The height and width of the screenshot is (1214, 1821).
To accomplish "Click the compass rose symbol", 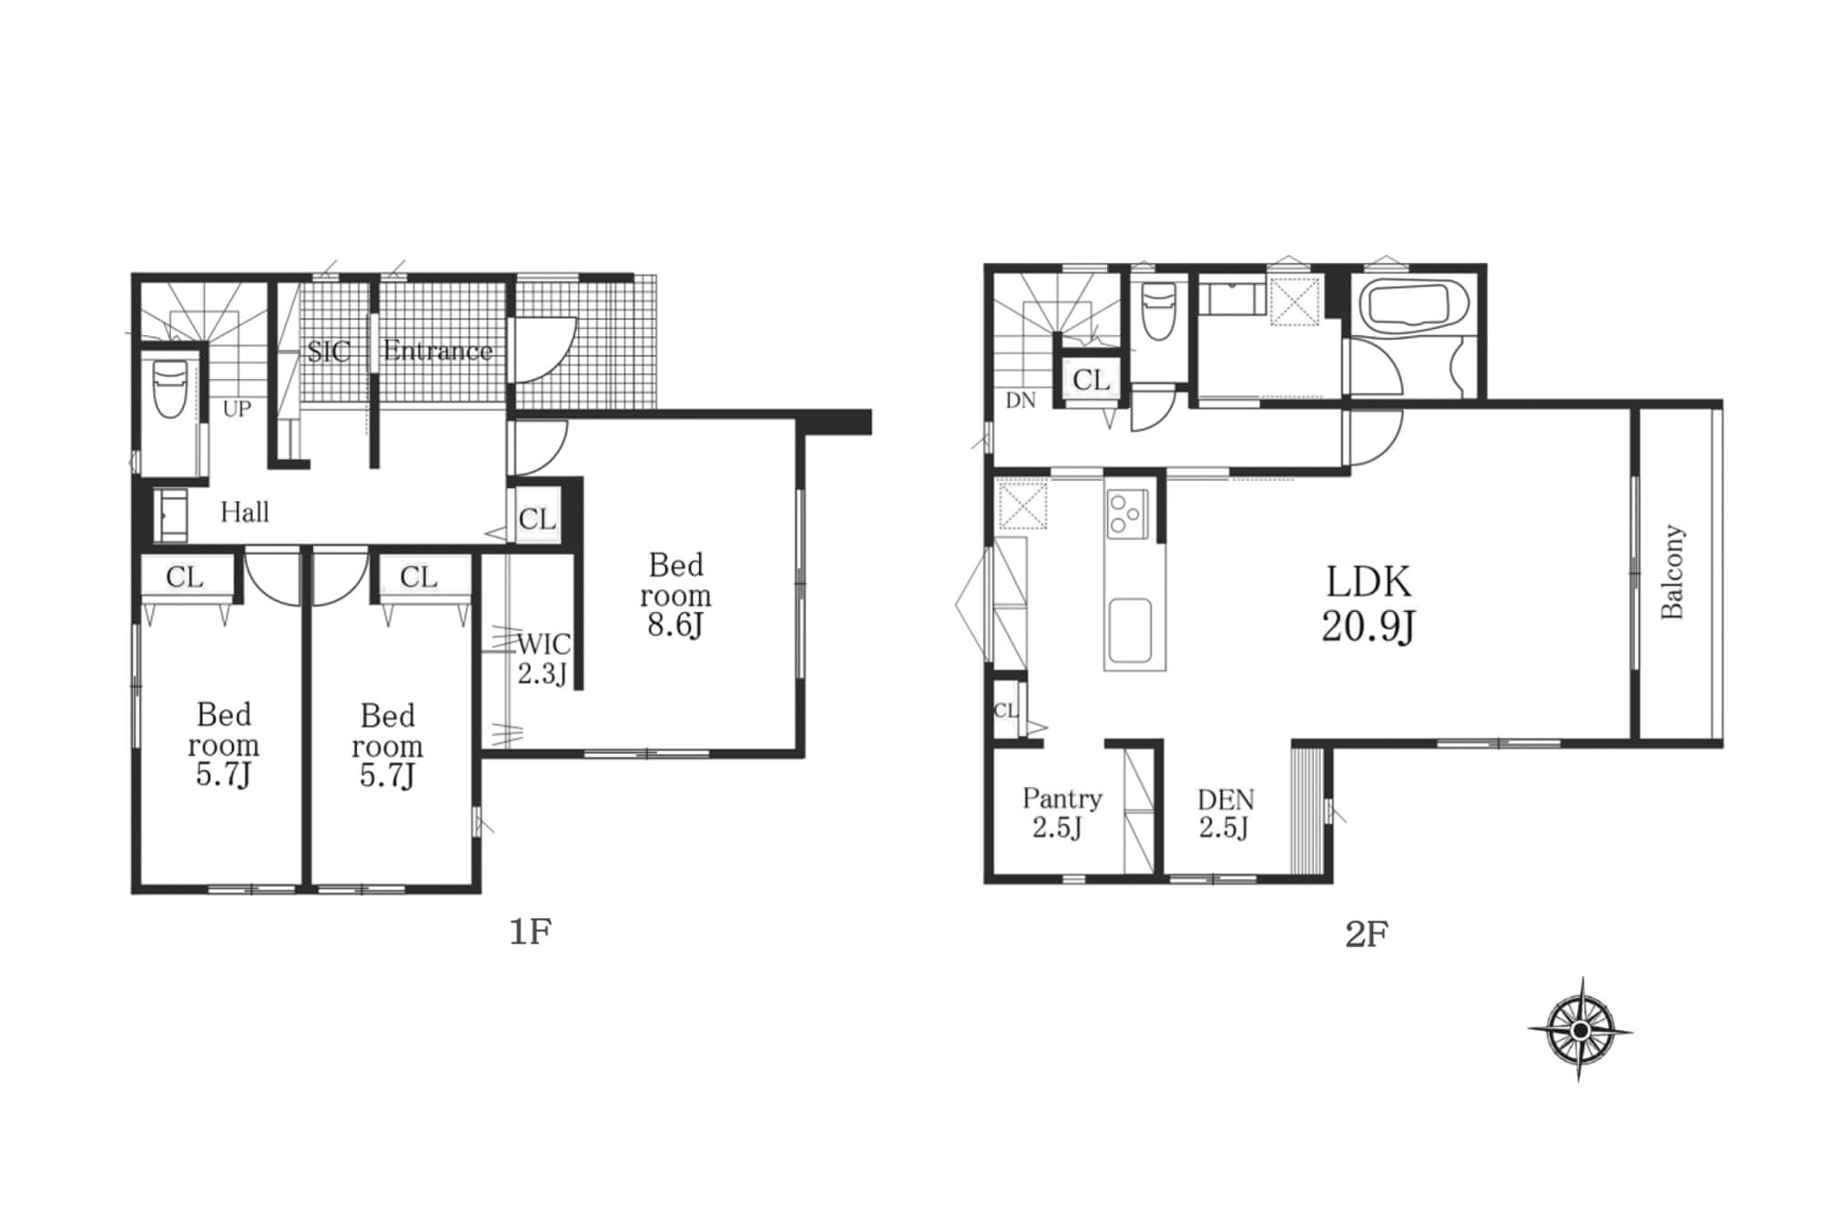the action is [x=1581, y=1029].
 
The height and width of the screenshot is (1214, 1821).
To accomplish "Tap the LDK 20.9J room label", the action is [x=1368, y=604].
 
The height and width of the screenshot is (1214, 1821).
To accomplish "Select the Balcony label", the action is [x=1673, y=572].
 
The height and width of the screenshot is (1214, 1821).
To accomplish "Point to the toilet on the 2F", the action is [x=1157, y=310].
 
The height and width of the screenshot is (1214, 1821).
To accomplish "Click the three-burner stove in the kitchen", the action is [x=1126, y=514].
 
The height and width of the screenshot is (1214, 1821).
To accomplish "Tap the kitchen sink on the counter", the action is [x=1129, y=630].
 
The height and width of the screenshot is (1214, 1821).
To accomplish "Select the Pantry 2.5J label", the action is [x=1061, y=813].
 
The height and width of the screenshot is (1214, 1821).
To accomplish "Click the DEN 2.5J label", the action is [x=1226, y=814].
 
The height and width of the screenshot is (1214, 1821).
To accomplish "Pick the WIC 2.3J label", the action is [x=544, y=658].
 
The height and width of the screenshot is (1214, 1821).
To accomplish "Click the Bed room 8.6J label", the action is [x=676, y=596].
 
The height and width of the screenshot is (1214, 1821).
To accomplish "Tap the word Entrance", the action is [x=438, y=351].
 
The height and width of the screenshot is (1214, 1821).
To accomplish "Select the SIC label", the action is [x=329, y=351].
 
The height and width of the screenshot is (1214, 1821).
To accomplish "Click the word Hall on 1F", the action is [x=245, y=512].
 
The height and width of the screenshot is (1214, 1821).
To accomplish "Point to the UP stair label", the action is [x=237, y=409].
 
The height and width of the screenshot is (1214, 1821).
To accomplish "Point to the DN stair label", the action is [x=1021, y=401].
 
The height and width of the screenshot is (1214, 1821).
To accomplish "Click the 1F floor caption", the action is [x=530, y=932].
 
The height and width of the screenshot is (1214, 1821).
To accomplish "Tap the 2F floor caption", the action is [x=1366, y=934].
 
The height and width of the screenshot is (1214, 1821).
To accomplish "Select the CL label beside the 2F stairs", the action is [x=1091, y=380].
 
